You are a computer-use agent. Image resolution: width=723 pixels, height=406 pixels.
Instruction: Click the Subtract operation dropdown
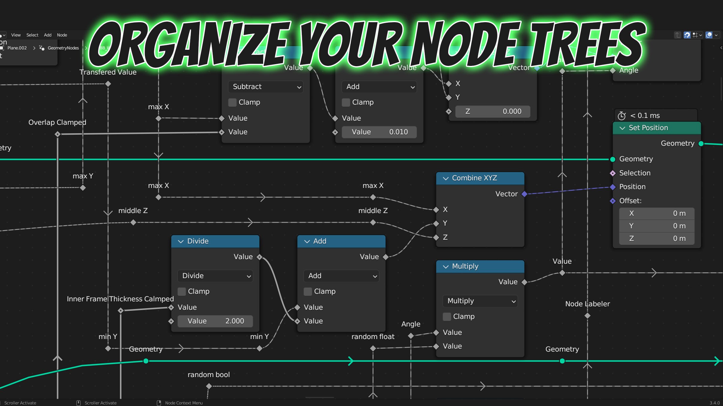pos(265,87)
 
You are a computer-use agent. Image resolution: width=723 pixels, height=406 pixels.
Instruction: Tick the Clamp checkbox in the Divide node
pos(181,292)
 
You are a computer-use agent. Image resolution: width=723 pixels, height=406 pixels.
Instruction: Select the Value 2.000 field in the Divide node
pos(215,321)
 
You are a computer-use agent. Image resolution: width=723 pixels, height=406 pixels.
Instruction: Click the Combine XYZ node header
pos(480,178)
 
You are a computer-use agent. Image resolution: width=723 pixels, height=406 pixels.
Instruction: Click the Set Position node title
pos(648,128)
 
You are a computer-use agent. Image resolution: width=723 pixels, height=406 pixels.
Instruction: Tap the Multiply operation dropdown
pos(480,301)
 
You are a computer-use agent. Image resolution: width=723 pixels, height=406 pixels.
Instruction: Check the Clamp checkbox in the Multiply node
pos(447,317)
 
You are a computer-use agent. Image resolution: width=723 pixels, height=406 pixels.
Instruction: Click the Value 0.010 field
pos(379,132)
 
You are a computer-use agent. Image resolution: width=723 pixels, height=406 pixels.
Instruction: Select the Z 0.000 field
pos(493,111)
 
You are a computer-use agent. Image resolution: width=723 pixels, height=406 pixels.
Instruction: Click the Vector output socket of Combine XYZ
pos(524,194)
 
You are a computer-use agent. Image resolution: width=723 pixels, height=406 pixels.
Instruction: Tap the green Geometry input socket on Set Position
pos(613,159)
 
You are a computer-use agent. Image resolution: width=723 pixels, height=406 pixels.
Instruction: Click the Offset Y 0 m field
pos(657,226)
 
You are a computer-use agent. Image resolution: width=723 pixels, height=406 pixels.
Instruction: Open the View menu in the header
pos(16,35)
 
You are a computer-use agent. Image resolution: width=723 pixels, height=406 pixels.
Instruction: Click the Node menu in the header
pos(62,35)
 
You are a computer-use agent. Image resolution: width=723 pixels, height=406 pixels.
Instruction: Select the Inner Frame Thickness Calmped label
pos(120,299)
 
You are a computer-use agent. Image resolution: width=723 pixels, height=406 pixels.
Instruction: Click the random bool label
pos(209,375)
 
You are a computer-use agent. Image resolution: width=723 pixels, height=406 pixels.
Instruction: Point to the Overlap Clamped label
pos(57,123)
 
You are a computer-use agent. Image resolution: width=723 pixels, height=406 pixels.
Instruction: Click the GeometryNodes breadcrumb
pos(63,48)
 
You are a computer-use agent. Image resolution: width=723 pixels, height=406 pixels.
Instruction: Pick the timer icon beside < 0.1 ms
pos(622,116)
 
